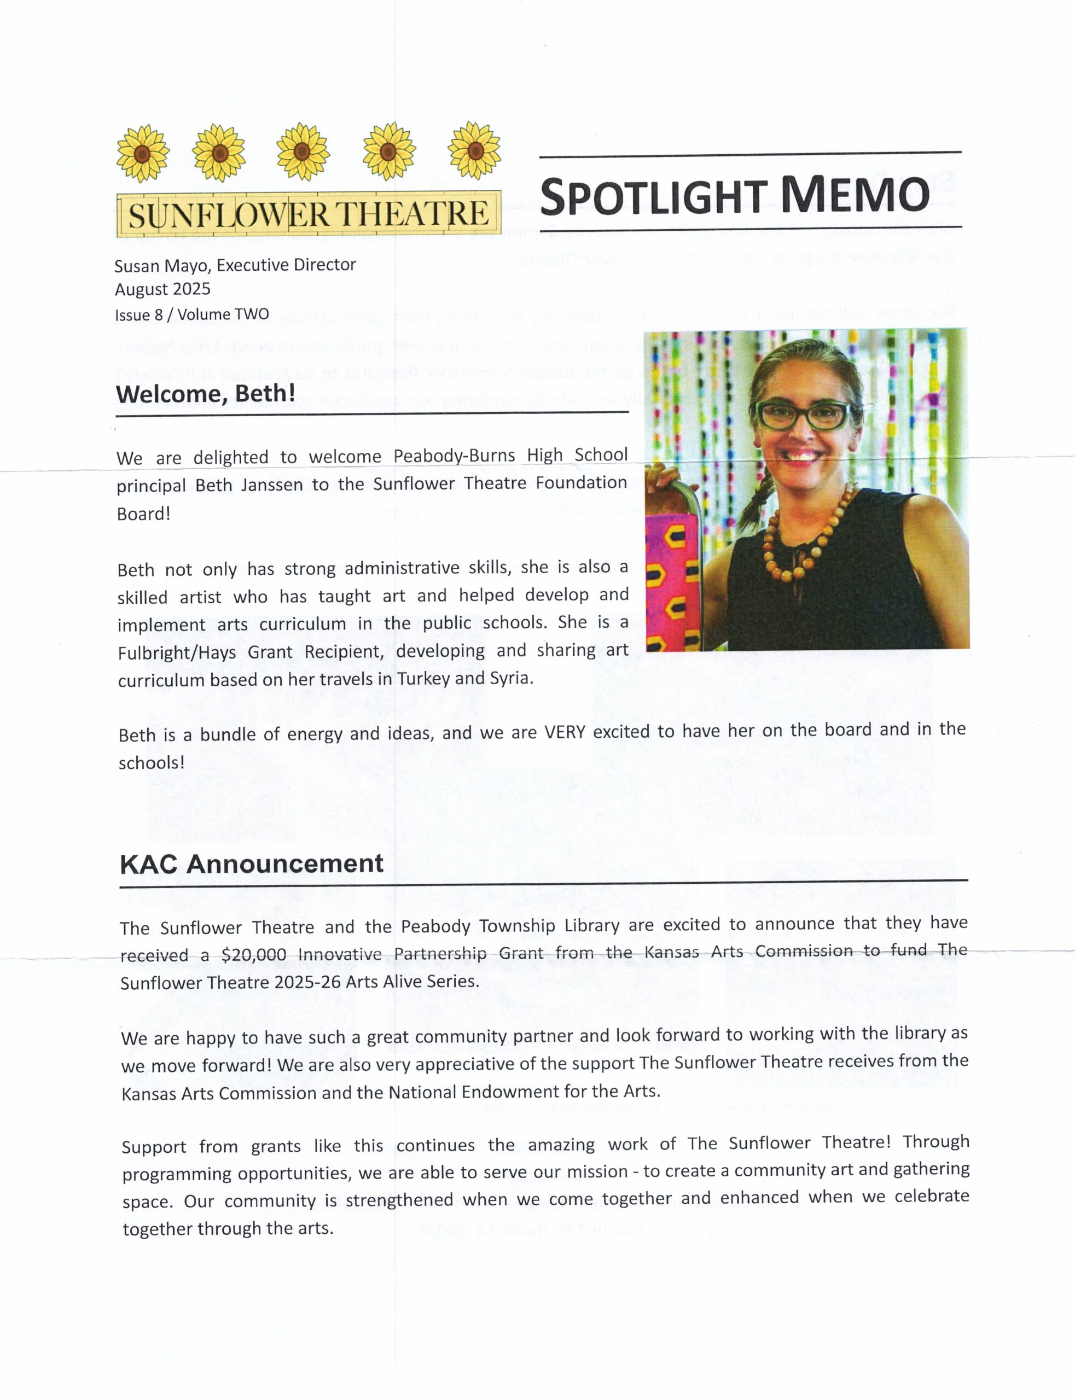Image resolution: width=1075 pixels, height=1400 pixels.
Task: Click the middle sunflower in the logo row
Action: [303, 152]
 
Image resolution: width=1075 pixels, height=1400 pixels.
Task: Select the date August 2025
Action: [162, 289]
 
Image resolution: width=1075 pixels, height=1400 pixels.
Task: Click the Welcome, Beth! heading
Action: [205, 393]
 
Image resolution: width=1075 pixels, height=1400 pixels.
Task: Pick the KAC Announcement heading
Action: [252, 864]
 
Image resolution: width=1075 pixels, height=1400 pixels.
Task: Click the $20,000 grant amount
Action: [253, 955]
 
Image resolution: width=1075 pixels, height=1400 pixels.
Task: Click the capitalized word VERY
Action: [565, 732]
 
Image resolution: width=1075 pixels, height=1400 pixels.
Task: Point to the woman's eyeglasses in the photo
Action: [804, 416]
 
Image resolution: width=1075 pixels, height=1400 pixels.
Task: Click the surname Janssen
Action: [272, 486]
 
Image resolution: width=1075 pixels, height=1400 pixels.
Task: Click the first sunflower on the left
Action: [143, 154]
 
